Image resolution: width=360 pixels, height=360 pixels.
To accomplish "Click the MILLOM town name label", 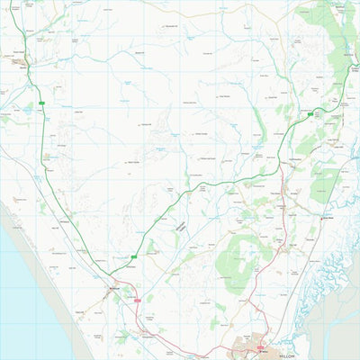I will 286,355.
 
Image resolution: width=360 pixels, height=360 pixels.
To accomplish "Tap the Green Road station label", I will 328,217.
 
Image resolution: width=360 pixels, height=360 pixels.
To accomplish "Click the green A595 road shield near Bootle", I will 41,105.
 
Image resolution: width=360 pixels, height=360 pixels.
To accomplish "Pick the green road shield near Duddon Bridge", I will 310,114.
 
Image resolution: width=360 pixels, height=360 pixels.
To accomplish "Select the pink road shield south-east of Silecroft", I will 138,301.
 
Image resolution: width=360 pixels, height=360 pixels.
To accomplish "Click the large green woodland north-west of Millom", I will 236,256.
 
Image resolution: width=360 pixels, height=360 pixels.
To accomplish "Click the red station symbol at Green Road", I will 319,217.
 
